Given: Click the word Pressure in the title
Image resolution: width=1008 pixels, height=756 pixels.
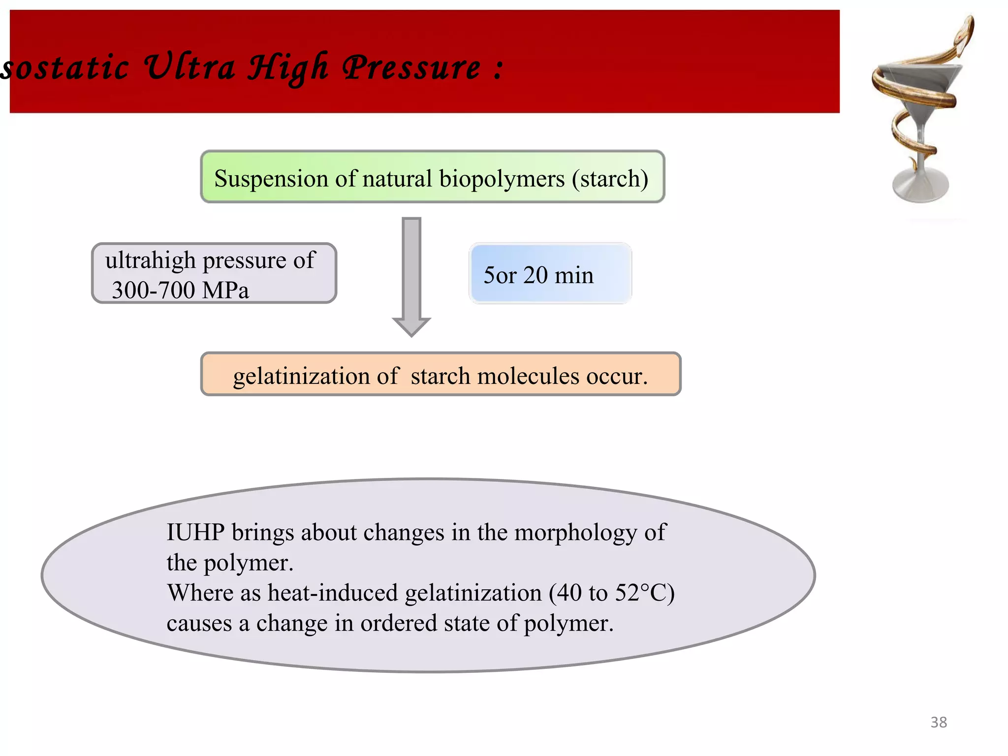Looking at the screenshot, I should [x=411, y=68].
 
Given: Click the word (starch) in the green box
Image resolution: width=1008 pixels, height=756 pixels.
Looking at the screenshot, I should [x=610, y=179].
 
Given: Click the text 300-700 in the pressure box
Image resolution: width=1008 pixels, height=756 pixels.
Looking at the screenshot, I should [x=153, y=290].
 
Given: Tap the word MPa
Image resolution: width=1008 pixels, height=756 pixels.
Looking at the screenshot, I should [x=225, y=290].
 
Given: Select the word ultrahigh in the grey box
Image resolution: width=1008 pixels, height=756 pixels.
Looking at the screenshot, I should [x=150, y=261].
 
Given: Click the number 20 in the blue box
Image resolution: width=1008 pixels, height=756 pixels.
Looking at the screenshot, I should [x=535, y=275].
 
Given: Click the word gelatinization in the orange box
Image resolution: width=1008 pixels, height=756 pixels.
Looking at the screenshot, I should [x=302, y=377].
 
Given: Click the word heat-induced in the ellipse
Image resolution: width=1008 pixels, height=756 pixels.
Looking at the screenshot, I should [x=332, y=593].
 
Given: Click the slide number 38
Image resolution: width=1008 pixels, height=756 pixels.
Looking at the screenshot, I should [x=938, y=722].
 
